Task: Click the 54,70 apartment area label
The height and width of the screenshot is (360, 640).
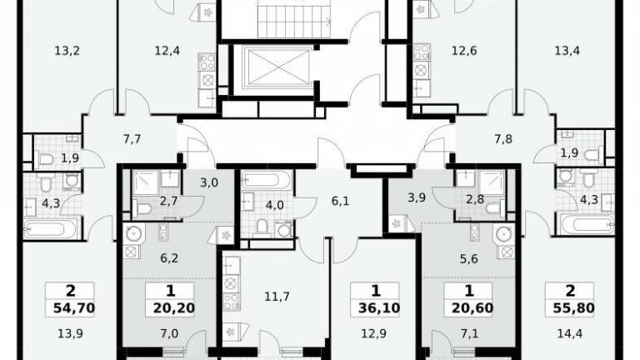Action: [x=74, y=308]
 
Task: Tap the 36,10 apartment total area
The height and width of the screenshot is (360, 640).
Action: [x=379, y=308]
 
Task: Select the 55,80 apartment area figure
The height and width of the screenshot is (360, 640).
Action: [x=573, y=308]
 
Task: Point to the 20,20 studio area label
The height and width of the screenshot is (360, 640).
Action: [x=174, y=308]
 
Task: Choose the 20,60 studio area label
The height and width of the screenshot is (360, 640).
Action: [x=472, y=308]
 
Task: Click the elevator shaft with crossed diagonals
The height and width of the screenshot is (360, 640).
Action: [x=277, y=67]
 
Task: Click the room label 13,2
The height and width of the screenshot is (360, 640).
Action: [x=67, y=51]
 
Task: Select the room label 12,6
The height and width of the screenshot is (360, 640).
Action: [x=464, y=51]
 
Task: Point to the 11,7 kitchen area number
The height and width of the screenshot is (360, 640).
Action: [x=277, y=297]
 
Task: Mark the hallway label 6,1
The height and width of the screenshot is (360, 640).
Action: [x=340, y=201]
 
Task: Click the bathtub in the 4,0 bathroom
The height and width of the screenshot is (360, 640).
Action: [x=267, y=181]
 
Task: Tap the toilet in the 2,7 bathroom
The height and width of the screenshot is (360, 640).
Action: [x=142, y=210]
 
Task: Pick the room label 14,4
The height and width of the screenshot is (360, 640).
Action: [x=569, y=334]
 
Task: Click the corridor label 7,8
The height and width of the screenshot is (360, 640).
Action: [x=503, y=139]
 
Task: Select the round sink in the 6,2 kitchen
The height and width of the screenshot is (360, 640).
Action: [x=133, y=233]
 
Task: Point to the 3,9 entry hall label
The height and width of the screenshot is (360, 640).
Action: [x=417, y=197]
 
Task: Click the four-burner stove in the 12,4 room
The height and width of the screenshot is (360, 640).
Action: [x=207, y=62]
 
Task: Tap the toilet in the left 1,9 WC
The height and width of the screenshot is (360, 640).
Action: [x=45, y=158]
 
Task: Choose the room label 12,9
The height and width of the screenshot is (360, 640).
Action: [x=373, y=334]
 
